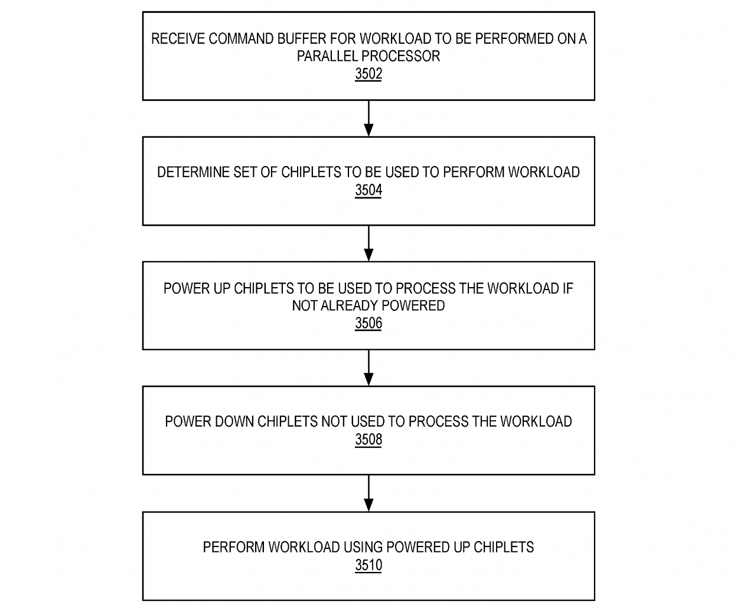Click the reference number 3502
(x=368, y=74)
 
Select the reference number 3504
(x=368, y=190)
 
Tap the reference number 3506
(x=368, y=323)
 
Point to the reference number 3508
(x=368, y=439)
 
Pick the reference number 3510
(x=368, y=565)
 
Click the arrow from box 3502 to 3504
(x=368, y=119)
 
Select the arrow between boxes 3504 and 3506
(x=368, y=243)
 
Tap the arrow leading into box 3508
(x=368, y=368)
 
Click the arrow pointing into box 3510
(x=368, y=493)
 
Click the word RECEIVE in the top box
(x=178, y=39)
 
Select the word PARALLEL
(x=327, y=56)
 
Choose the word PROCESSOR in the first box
(x=400, y=56)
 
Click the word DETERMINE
(x=193, y=172)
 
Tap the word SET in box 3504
(x=245, y=172)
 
